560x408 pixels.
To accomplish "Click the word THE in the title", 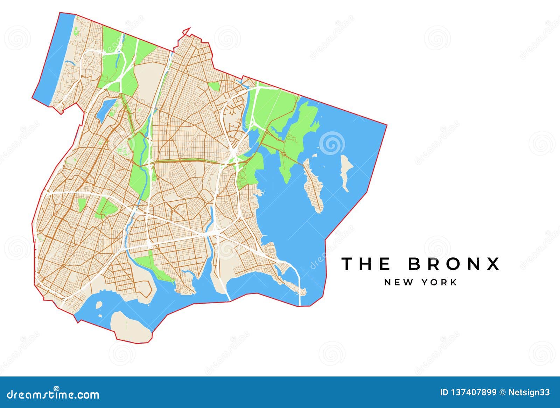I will (366, 264).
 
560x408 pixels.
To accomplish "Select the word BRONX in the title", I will (454, 264).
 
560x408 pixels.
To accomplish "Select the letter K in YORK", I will (454, 282).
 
